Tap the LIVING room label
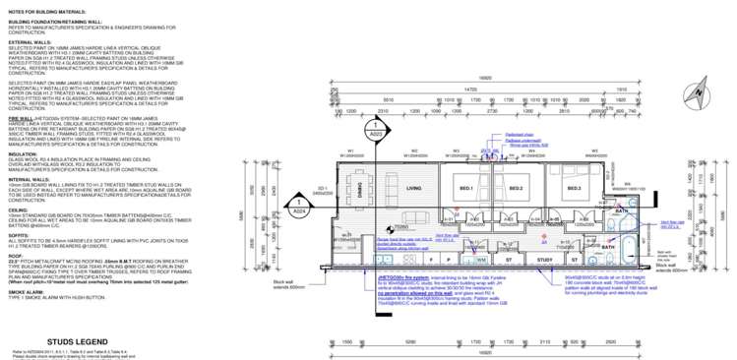point(414,188)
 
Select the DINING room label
point(373,196)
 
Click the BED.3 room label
point(574,188)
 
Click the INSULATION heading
point(26,153)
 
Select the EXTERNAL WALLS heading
point(32,41)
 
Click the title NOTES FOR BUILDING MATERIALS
point(53,10)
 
